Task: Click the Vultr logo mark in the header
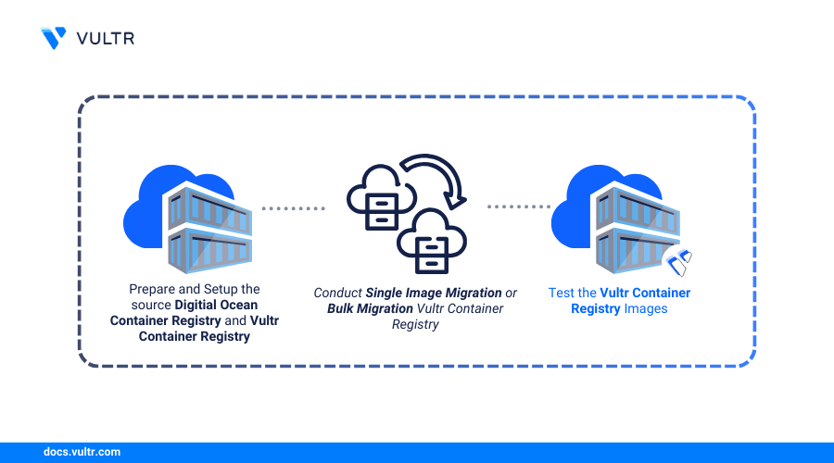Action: pyautogui.click(x=54, y=38)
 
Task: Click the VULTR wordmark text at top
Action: pyautogui.click(x=105, y=38)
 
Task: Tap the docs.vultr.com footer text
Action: pyautogui.click(x=82, y=452)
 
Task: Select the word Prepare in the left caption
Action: pyautogui.click(x=151, y=289)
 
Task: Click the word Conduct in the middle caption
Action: pyautogui.click(x=337, y=293)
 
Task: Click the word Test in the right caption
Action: pyautogui.click(x=561, y=293)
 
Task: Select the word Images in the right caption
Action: pyautogui.click(x=645, y=308)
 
